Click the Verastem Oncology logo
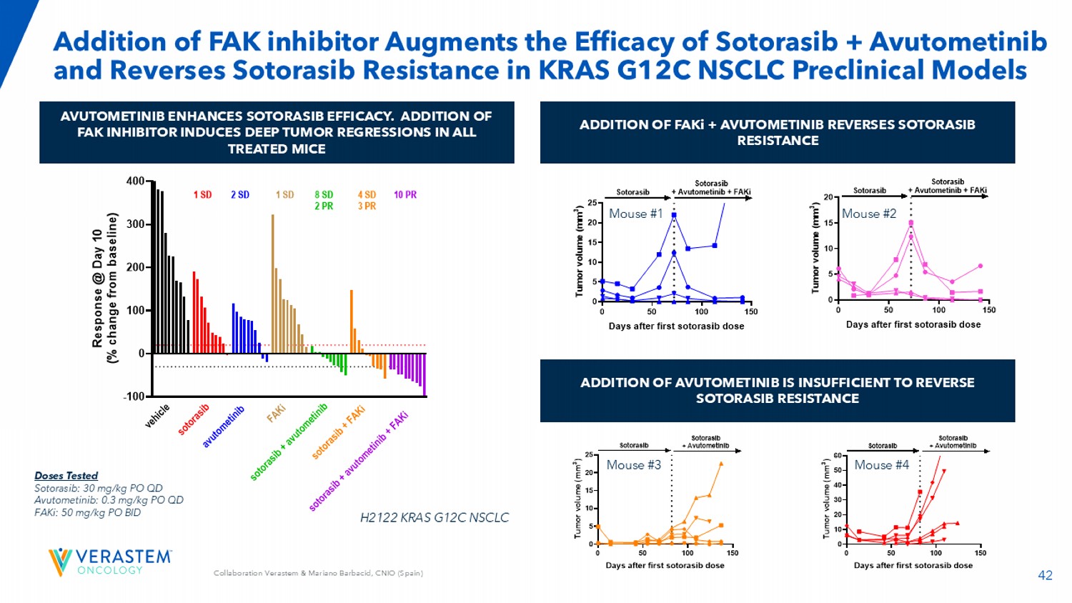click(x=110, y=562)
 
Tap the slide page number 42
click(x=1045, y=575)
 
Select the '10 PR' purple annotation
click(x=405, y=194)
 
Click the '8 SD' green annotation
click(x=324, y=194)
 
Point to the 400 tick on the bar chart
click(x=136, y=181)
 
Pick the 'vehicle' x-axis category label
click(x=157, y=416)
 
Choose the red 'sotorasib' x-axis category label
click(x=194, y=419)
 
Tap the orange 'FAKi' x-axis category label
click(x=277, y=413)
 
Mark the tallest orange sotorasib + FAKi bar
click(x=352, y=322)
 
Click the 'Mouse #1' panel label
click(x=635, y=214)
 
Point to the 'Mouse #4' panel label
click(x=881, y=465)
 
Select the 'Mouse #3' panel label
click(x=633, y=465)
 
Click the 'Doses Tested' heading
click(x=66, y=476)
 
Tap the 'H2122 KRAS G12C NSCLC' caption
click(x=435, y=517)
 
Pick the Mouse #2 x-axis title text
click(x=913, y=324)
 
